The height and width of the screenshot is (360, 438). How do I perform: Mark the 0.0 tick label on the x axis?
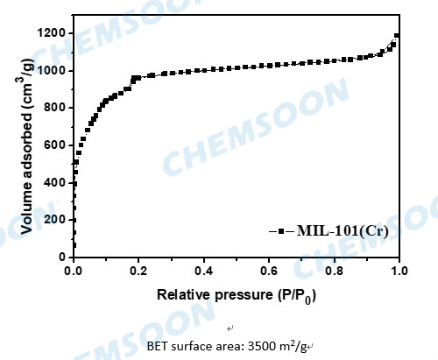(x=74, y=272)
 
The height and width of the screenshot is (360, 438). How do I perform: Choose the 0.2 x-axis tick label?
(x=139, y=272)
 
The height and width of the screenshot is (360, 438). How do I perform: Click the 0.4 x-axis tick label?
(x=204, y=272)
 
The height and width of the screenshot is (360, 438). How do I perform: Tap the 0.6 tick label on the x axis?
(x=269, y=272)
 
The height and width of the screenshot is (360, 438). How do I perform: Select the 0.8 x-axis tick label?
(x=334, y=272)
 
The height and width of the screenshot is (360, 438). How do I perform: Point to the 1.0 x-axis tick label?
(x=399, y=272)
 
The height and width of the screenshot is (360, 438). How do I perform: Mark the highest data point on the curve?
(x=397, y=36)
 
